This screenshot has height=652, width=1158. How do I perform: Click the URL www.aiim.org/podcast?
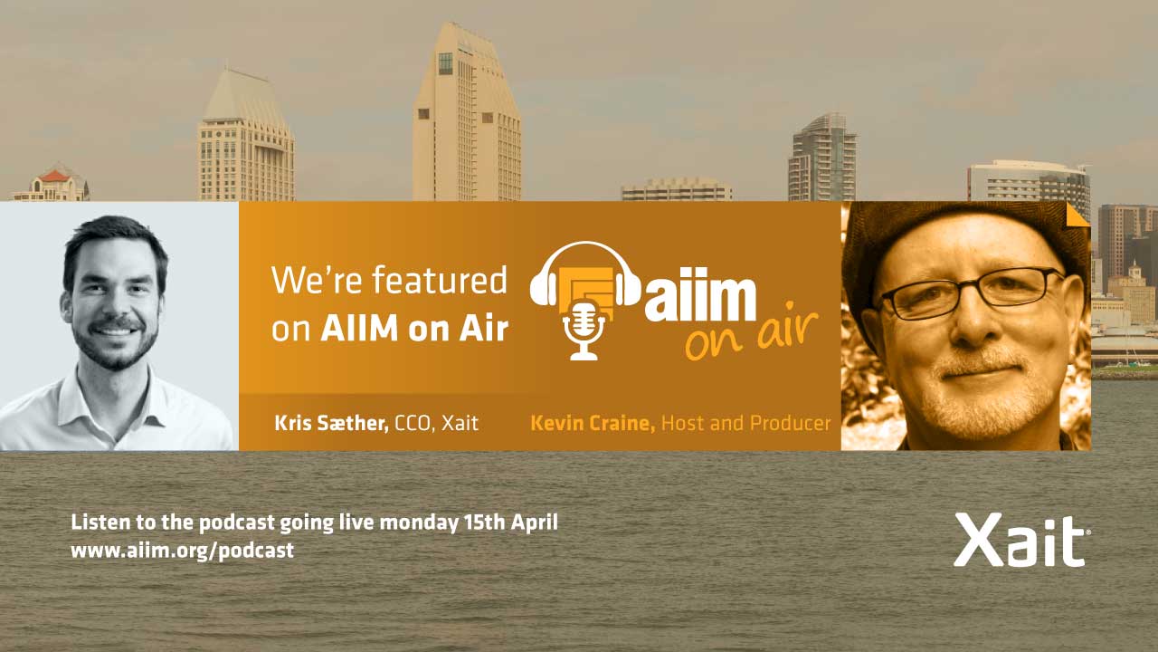coord(183,550)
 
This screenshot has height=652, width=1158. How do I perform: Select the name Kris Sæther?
coord(331,423)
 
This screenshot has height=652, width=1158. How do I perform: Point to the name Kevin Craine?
coord(593,423)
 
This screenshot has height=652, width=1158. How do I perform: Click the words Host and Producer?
coord(746,423)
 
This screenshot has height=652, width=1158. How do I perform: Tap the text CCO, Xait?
coord(436,423)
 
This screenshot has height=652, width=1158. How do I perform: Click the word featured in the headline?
coord(440,280)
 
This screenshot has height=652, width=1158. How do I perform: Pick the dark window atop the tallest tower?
coord(445,63)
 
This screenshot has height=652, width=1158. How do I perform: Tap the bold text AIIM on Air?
coord(414,328)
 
